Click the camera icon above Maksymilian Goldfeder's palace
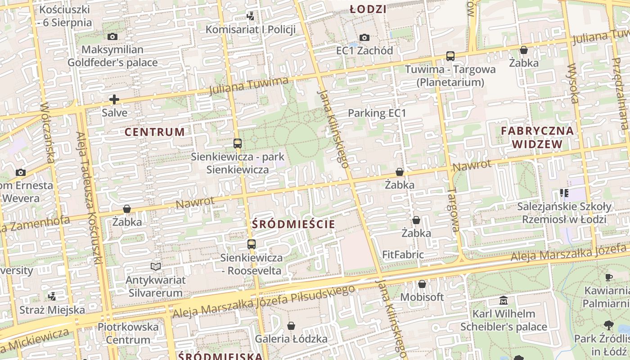pos(112,36)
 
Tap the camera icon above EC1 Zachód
pos(364,37)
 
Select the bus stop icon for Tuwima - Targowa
pos(450,56)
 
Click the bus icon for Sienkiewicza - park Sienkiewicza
pos(238,144)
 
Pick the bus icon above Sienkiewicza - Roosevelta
pos(252,244)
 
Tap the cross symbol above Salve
pos(114,99)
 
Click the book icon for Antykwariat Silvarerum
pos(156,266)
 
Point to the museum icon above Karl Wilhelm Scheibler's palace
pos(504,300)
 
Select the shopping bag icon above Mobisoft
pos(422,284)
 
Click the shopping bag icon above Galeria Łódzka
pos(291,325)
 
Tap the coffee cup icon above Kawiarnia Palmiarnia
pos(609,277)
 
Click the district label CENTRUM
pos(154,132)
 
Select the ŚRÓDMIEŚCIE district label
pos(293,224)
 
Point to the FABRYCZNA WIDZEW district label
pos(537,138)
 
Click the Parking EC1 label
pos(377,113)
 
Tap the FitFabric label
pos(403,255)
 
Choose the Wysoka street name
pos(573,84)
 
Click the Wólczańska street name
pos(48,133)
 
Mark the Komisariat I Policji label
pos(251,30)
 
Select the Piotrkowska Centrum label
pos(128,333)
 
